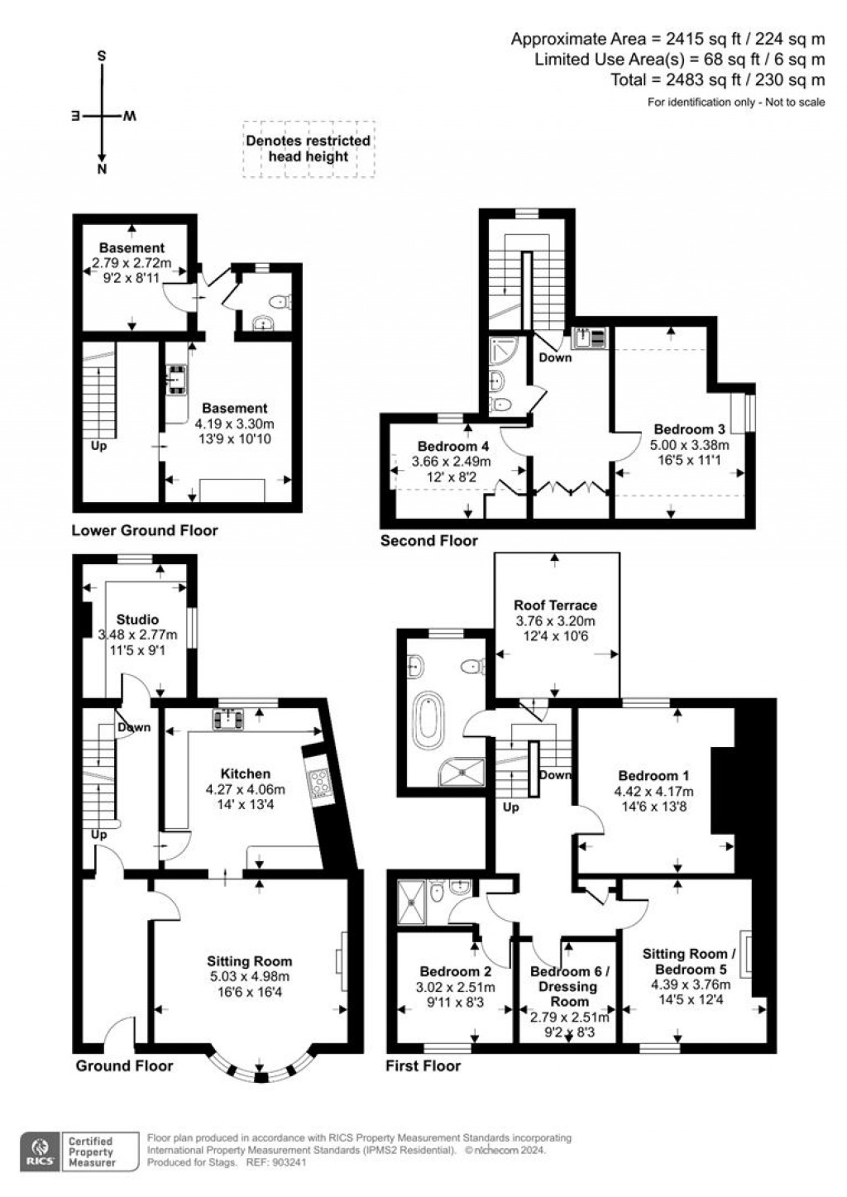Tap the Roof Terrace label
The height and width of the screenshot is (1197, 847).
coord(555,605)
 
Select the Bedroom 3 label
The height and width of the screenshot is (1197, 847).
coord(689,429)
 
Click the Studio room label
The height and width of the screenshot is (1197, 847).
coord(137,619)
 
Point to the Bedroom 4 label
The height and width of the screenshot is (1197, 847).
coord(447,446)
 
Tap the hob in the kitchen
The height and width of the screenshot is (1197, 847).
coord(317,782)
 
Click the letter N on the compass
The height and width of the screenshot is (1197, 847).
coord(102,170)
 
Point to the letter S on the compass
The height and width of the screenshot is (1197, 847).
coord(102,56)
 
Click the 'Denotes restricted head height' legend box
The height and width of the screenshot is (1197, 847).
coord(308,149)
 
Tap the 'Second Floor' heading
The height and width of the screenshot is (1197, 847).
coord(428,540)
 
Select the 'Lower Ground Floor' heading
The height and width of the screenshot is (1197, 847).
coord(144,530)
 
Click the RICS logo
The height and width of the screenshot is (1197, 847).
coord(39,1151)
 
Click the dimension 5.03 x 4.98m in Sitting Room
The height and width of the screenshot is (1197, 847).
coord(249,976)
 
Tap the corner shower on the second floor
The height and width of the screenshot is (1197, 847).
coord(503,352)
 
